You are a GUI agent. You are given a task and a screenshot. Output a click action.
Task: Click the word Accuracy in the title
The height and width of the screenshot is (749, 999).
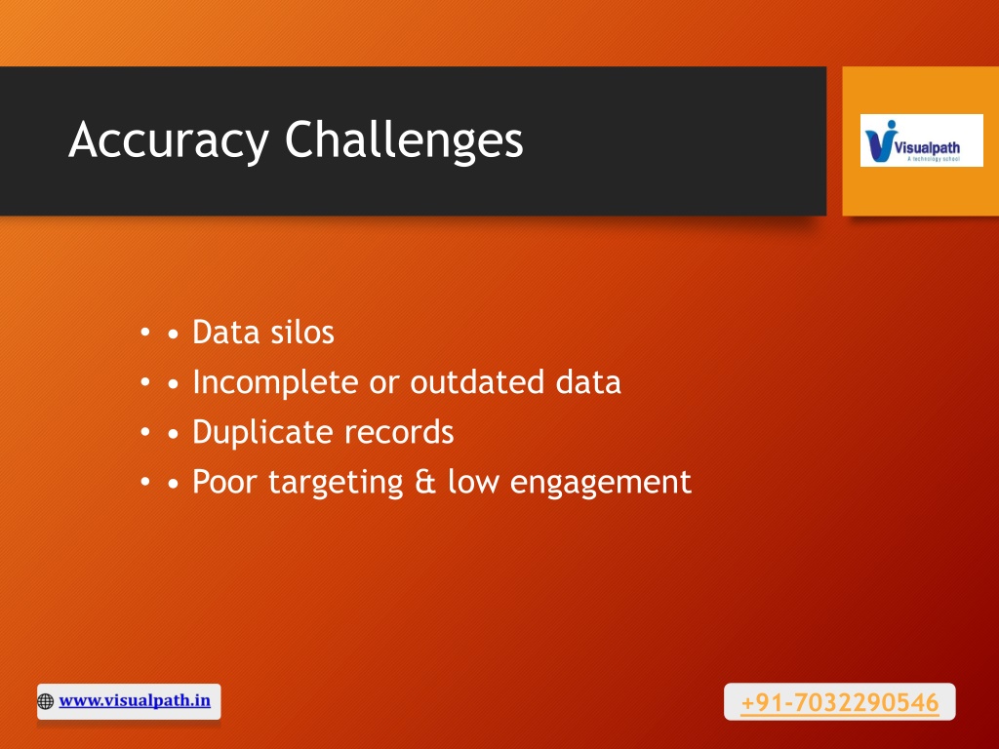[169, 140]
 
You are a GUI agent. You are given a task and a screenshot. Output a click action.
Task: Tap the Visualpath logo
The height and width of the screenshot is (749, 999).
[921, 140]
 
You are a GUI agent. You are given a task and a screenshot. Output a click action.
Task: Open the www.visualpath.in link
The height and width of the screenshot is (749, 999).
[135, 700]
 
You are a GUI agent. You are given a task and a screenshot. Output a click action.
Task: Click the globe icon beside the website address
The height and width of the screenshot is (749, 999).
[45, 701]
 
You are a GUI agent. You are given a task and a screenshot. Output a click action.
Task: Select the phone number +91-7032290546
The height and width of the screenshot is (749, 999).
[840, 702]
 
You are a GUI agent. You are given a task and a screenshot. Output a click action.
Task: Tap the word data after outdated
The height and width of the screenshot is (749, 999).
[588, 382]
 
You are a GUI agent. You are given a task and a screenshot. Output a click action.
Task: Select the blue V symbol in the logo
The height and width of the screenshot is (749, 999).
[879, 141]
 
